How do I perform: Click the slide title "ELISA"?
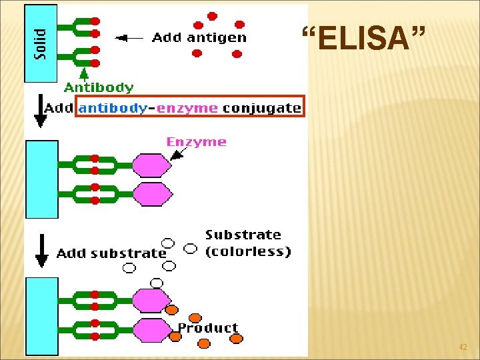tap(363, 39)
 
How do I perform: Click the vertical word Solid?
tap(41, 43)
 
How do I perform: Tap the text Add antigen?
tap(199, 38)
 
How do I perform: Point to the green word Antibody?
tap(99, 87)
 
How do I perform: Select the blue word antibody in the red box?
tap(113, 107)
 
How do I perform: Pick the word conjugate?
tap(261, 108)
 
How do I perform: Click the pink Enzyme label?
tap(196, 142)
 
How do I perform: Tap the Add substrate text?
tap(111, 253)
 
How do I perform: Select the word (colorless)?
tap(248, 251)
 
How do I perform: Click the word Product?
tap(207, 327)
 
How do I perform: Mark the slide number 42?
tap(463, 347)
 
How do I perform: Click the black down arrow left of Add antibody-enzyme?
tap(41, 111)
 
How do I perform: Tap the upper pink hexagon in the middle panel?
tap(152, 165)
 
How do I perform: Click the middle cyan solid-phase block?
tap(41, 179)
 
